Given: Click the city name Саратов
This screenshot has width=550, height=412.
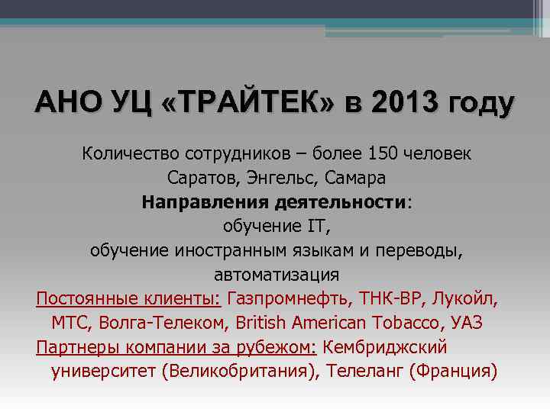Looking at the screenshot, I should [201, 178].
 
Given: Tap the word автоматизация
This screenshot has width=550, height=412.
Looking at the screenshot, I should [277, 275].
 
